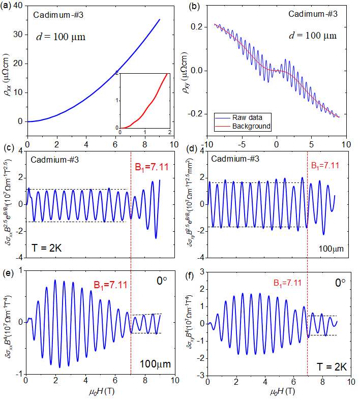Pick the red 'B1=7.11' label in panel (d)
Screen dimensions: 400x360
[x=328, y=165]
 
